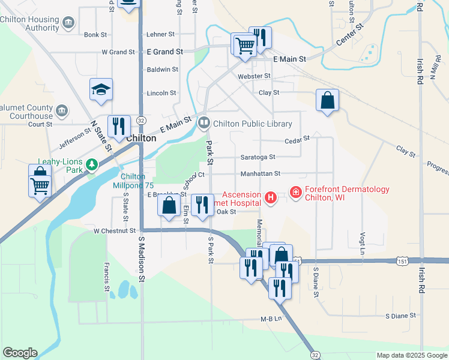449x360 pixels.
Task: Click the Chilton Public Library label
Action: [252, 124]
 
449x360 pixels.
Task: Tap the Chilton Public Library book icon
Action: [204, 124]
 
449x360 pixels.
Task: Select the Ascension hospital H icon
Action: [271, 197]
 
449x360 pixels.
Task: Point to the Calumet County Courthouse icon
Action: [62, 111]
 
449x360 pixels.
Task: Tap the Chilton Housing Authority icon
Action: [68, 23]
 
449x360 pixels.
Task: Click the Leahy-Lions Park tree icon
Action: [91, 164]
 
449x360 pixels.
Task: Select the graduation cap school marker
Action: [101, 90]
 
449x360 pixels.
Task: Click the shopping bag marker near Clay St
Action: [328, 101]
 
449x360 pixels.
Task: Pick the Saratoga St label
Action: [258, 157]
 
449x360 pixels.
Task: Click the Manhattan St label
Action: [261, 174]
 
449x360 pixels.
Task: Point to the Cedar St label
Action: [297, 139]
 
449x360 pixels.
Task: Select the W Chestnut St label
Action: [114, 230]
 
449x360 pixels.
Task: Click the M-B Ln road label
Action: [271, 319]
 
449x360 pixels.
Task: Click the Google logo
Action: [20, 353]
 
